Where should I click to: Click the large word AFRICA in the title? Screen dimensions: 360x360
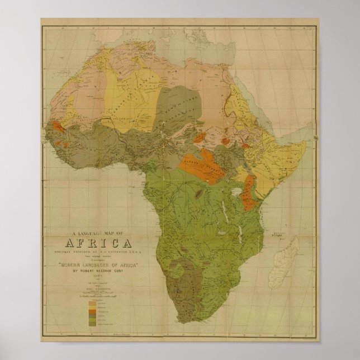click(x=99, y=243)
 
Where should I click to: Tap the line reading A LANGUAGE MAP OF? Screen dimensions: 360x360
click(x=99, y=234)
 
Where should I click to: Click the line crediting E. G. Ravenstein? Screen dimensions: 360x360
click(x=99, y=252)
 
